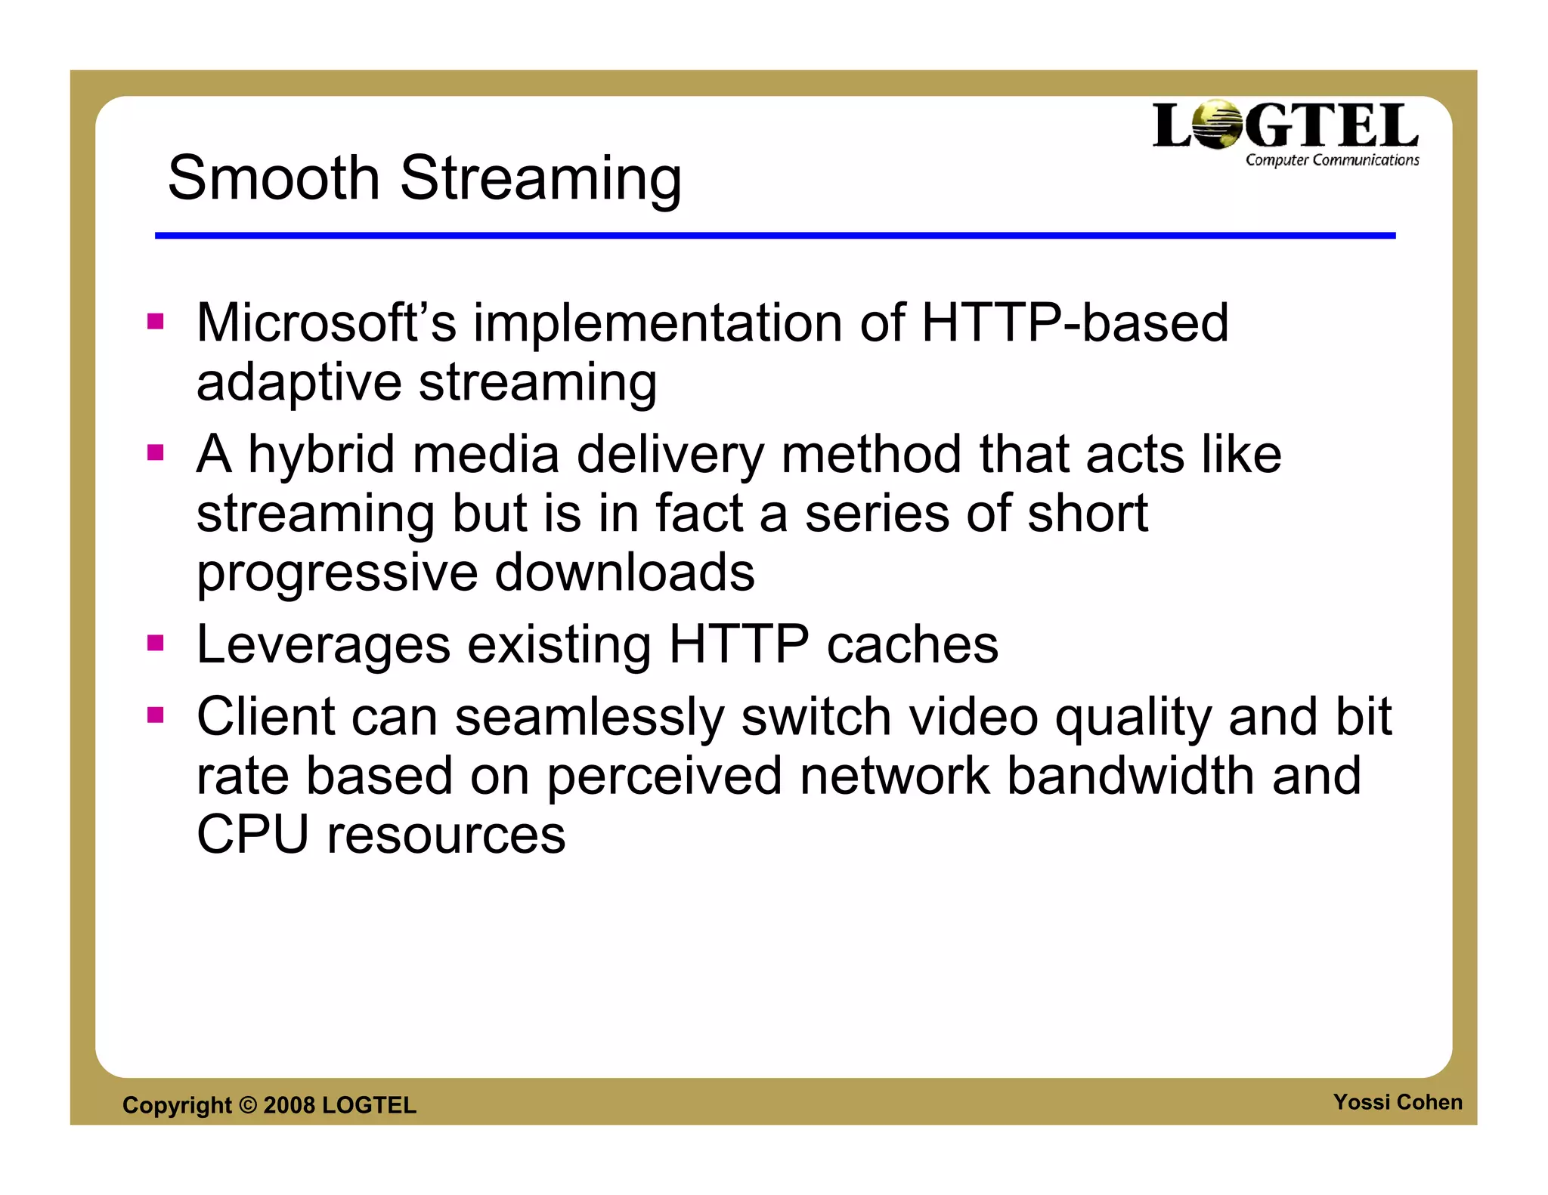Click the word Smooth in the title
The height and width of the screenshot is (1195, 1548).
[x=273, y=178]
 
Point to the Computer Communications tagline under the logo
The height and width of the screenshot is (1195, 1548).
[x=1332, y=160]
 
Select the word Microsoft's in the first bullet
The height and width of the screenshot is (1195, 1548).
[x=326, y=323]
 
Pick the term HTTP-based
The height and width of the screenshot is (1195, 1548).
[x=1075, y=323]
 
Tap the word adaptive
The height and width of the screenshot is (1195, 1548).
[x=298, y=382]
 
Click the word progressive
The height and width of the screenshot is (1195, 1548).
[x=336, y=573]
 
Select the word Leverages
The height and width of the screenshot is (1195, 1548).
[x=324, y=645]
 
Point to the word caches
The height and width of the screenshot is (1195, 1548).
[x=912, y=645]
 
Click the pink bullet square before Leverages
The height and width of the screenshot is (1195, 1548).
[x=156, y=644]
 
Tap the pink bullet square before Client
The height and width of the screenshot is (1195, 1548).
[x=156, y=715]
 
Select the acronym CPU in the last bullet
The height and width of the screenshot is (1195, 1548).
[x=252, y=835]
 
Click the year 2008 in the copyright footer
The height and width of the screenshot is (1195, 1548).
[x=289, y=1105]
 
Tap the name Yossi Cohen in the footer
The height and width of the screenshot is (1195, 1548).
[x=1397, y=1102]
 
